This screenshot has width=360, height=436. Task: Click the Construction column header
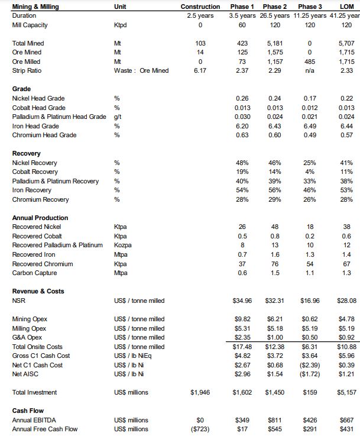(x=200, y=6)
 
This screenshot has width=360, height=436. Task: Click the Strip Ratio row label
(x=26, y=70)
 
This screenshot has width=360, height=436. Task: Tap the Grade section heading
(x=22, y=89)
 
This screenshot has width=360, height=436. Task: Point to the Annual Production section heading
(x=40, y=218)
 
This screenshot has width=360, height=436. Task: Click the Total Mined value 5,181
(x=275, y=43)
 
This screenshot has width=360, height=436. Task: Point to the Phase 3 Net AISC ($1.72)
(x=309, y=374)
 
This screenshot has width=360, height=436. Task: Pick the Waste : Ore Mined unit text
(x=141, y=70)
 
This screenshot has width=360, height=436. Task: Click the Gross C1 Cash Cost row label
(x=40, y=356)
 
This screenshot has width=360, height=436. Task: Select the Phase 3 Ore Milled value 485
(x=309, y=62)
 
